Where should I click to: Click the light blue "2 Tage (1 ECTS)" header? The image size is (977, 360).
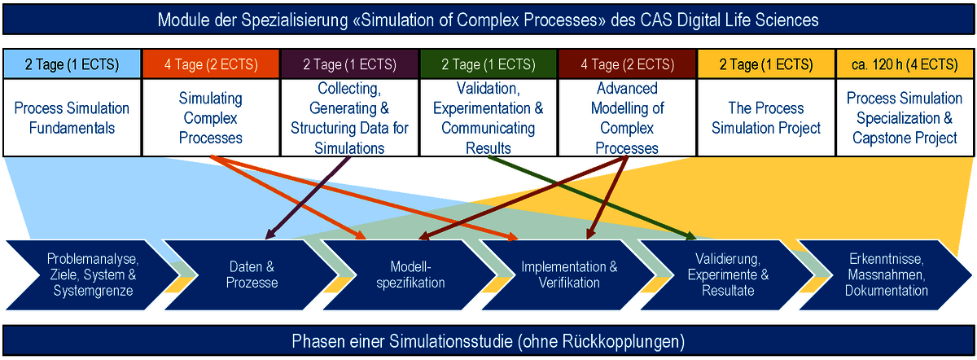click(72, 64)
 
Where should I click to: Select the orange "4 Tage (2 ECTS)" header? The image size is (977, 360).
click(211, 64)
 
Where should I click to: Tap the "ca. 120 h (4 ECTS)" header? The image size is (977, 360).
click(905, 64)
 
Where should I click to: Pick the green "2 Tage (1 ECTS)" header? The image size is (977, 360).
click(488, 64)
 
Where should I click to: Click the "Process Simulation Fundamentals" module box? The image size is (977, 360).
click(72, 118)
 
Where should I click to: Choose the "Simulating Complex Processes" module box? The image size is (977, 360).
click(211, 118)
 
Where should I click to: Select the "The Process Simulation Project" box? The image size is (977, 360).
click(766, 118)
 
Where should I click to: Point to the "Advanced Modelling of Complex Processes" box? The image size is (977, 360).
click(627, 118)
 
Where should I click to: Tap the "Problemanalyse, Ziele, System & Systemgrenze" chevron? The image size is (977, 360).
click(93, 275)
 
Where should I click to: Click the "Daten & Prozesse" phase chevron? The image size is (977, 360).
click(252, 275)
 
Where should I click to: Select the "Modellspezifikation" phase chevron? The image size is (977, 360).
click(410, 275)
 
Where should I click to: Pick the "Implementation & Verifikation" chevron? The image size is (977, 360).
click(569, 275)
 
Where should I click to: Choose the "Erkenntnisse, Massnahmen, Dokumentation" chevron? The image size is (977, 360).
click(886, 275)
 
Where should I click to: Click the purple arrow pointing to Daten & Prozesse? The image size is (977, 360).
click(308, 198)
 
